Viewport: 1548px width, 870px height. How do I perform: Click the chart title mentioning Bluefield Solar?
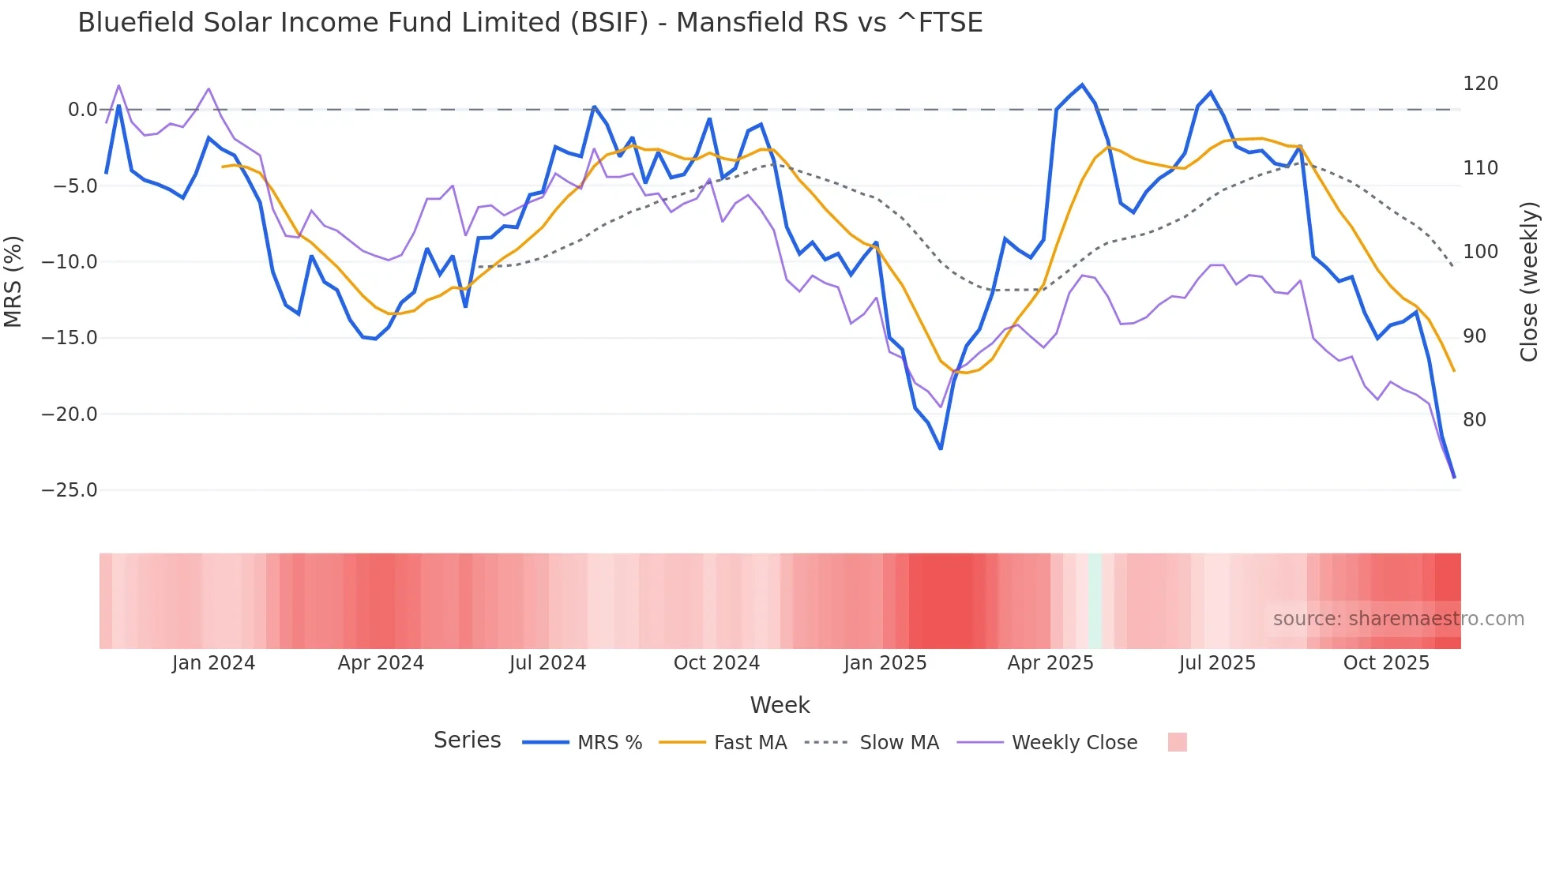(x=530, y=23)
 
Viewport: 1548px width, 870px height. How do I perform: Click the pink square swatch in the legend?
(x=1177, y=742)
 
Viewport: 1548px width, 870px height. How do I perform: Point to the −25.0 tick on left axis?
(x=70, y=490)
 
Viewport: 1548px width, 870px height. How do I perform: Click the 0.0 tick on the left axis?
(x=82, y=110)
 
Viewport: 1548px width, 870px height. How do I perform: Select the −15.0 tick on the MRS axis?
(x=70, y=338)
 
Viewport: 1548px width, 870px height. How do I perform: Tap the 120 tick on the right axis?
(x=1480, y=84)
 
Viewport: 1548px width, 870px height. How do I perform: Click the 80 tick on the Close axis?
(x=1475, y=420)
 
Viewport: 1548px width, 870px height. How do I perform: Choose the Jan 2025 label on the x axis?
(x=885, y=663)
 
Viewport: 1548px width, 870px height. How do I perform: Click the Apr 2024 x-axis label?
(x=381, y=663)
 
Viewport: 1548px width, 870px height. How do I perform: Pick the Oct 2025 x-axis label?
(x=1386, y=663)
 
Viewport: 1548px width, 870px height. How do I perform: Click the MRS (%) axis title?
(x=13, y=281)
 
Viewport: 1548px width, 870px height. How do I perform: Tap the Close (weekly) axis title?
(x=1529, y=281)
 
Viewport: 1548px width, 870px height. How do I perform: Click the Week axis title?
(x=780, y=705)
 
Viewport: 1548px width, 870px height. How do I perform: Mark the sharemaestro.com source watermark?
(x=1398, y=619)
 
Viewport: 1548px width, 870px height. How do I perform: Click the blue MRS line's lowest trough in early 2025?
(x=941, y=448)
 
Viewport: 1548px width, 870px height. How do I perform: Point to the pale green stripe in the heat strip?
(x=1095, y=601)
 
